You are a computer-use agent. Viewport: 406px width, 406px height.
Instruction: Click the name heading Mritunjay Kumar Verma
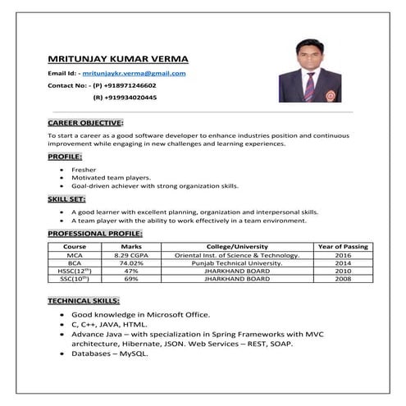point(118,59)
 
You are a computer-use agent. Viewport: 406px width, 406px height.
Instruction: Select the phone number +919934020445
point(124,98)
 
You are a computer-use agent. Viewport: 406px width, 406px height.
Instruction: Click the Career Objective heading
point(85,121)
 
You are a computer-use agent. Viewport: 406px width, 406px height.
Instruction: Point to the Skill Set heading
point(66,199)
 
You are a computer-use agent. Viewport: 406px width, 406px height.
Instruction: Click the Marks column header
point(131,246)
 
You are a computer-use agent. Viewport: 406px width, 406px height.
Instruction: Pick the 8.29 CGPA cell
point(131,255)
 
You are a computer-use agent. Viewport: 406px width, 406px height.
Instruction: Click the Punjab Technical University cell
point(237,262)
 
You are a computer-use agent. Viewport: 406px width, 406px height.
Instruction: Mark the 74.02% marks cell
point(131,262)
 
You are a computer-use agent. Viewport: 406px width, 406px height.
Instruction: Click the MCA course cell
point(75,255)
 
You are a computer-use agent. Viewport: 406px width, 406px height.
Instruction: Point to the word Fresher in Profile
point(84,169)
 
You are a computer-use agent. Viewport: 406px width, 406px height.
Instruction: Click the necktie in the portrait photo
point(309,85)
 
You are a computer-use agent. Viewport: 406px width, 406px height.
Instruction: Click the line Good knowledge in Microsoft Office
point(141,314)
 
